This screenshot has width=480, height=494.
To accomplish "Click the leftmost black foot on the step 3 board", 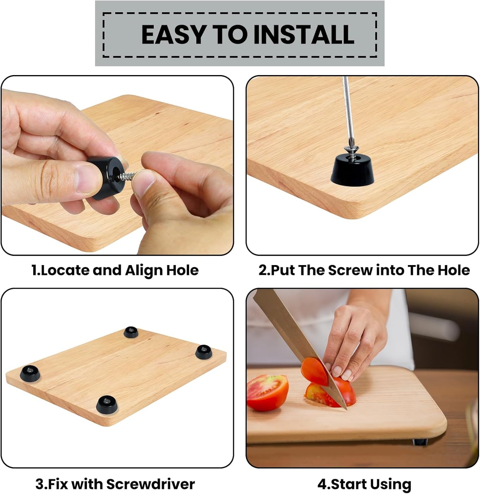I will tap(30, 373).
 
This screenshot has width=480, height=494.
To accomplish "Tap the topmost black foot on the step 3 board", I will tap(131, 332).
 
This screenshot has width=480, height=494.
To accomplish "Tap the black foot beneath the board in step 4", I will tap(419, 442).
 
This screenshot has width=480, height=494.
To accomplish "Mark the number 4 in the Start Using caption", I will tap(322, 484).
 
